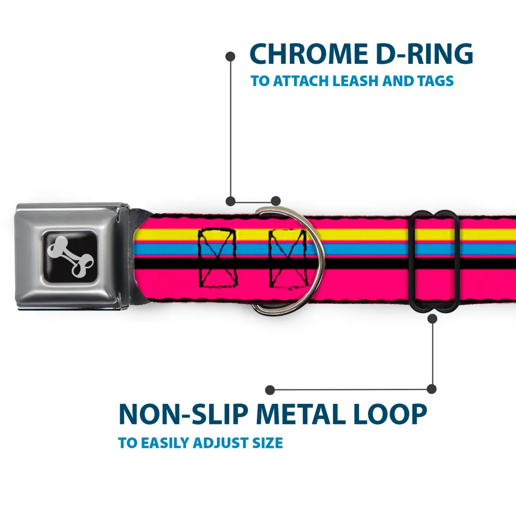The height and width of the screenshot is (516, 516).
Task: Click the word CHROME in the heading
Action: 305,54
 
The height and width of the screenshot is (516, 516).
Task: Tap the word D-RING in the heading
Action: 420,54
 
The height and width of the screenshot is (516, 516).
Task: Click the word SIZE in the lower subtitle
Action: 268,443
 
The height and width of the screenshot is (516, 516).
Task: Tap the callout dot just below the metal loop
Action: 432,319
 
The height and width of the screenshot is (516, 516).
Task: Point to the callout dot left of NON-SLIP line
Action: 270,390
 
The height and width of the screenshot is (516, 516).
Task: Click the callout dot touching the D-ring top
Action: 275,201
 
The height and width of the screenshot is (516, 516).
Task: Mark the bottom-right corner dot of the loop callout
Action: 432,389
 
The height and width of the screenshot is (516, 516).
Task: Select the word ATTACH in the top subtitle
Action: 297,81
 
